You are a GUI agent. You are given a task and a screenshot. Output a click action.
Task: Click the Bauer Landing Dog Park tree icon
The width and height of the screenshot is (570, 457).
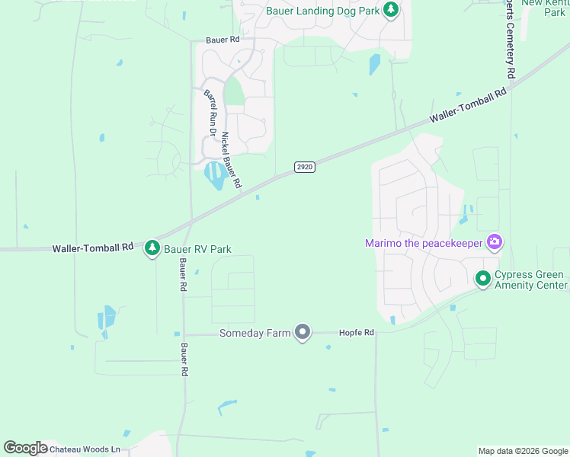tap(391, 10)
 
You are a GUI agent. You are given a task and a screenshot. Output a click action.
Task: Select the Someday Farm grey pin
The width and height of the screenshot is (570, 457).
tap(303, 332)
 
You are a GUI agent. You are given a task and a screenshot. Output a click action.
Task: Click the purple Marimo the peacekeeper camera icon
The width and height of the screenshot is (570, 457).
tap(495, 243)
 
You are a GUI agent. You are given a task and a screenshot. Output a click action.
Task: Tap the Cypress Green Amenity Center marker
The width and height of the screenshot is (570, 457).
tap(482, 279)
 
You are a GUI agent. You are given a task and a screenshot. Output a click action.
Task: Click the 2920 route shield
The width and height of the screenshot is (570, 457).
tap(305, 167)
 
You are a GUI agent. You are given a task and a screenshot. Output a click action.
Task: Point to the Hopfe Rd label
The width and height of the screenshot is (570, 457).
tap(357, 333)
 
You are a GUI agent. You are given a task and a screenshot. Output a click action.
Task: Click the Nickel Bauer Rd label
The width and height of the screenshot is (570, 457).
tap(231, 161)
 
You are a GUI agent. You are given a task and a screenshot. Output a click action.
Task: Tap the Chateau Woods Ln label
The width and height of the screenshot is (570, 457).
tap(85, 449)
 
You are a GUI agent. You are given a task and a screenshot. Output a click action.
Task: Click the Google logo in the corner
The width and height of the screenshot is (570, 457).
tap(24, 448)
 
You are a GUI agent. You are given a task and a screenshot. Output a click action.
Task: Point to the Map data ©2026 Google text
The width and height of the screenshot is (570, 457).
tap(523, 451)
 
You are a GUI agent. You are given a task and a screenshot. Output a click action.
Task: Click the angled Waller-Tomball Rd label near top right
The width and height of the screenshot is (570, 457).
tap(468, 107)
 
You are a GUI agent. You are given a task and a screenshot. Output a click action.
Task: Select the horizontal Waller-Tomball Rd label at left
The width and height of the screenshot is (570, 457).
tap(93, 248)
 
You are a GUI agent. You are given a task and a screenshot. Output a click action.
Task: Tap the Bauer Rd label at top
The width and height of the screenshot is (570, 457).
tap(223, 40)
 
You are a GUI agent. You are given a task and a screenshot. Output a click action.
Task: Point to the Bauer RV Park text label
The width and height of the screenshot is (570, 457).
tap(198, 249)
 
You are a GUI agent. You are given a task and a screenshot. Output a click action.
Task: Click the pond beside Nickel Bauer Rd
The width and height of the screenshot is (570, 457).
tap(215, 176)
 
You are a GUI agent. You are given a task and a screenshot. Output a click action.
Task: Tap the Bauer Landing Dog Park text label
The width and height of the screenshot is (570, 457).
tap(322, 11)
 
